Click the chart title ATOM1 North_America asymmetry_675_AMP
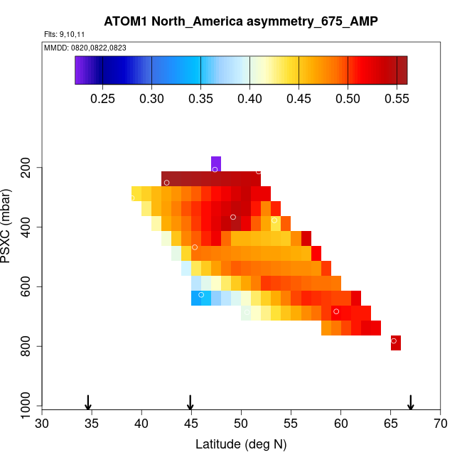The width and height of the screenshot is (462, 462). tap(241, 21)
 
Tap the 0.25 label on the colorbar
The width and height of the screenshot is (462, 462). tap(103, 97)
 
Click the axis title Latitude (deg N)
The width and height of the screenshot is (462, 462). tap(241, 444)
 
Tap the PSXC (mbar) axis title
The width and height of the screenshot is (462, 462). tap(8, 226)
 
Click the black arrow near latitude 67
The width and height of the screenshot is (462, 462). tap(411, 403)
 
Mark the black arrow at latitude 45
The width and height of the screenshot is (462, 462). tap(190, 403)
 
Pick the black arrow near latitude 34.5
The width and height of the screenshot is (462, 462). tap(88, 403)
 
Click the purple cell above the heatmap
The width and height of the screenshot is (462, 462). tap(216, 163)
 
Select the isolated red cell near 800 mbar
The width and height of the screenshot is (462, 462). tap(396, 343)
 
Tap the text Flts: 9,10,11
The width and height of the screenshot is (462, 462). tap(65, 33)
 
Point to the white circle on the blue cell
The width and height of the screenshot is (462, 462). tap(201, 294)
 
